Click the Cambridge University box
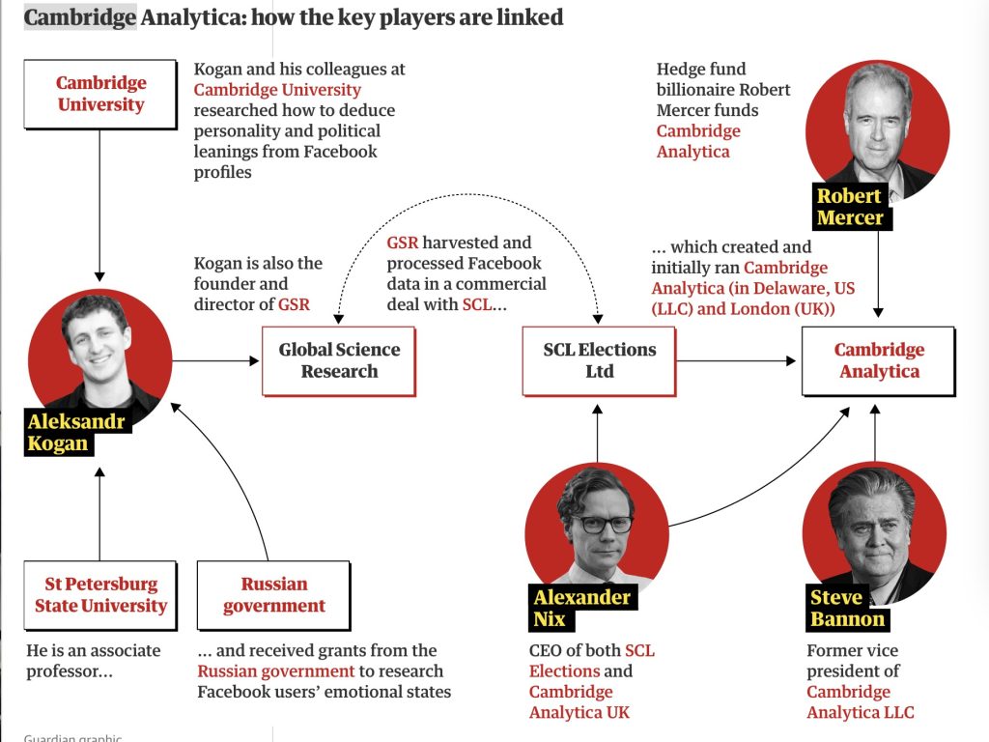tap(100, 95)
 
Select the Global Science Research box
tap(339, 361)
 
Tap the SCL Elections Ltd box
tap(599, 361)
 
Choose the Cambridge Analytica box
tap(879, 361)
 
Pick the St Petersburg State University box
tap(100, 595)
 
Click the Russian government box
tap(273, 595)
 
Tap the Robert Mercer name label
tap(850, 207)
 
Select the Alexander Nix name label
tap(581, 609)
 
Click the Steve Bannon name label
tap(848, 609)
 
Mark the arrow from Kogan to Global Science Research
tap(215, 361)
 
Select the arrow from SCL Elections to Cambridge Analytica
tap(736, 361)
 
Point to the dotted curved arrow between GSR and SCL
tap(466, 195)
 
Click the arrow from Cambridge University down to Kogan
tap(99, 206)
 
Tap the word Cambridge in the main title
tap(80, 17)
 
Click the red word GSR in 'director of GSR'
tap(294, 304)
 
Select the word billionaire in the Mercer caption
tap(693, 90)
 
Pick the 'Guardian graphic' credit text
tap(72, 737)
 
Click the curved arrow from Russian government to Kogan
tap(237, 464)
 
